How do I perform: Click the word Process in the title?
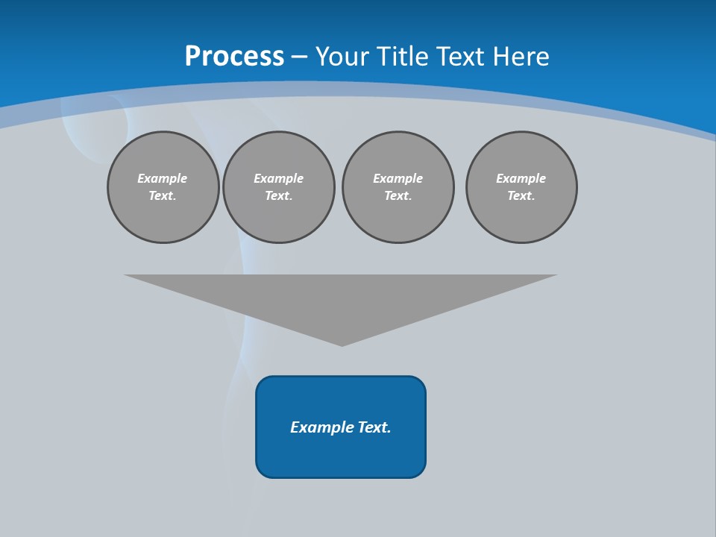click(234, 57)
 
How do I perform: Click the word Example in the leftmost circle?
click(163, 178)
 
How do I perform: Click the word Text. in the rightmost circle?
click(521, 196)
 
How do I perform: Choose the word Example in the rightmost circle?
click(521, 178)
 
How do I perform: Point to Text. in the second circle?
click(279, 196)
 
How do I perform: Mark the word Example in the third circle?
click(398, 178)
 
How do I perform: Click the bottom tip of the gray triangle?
click(342, 344)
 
